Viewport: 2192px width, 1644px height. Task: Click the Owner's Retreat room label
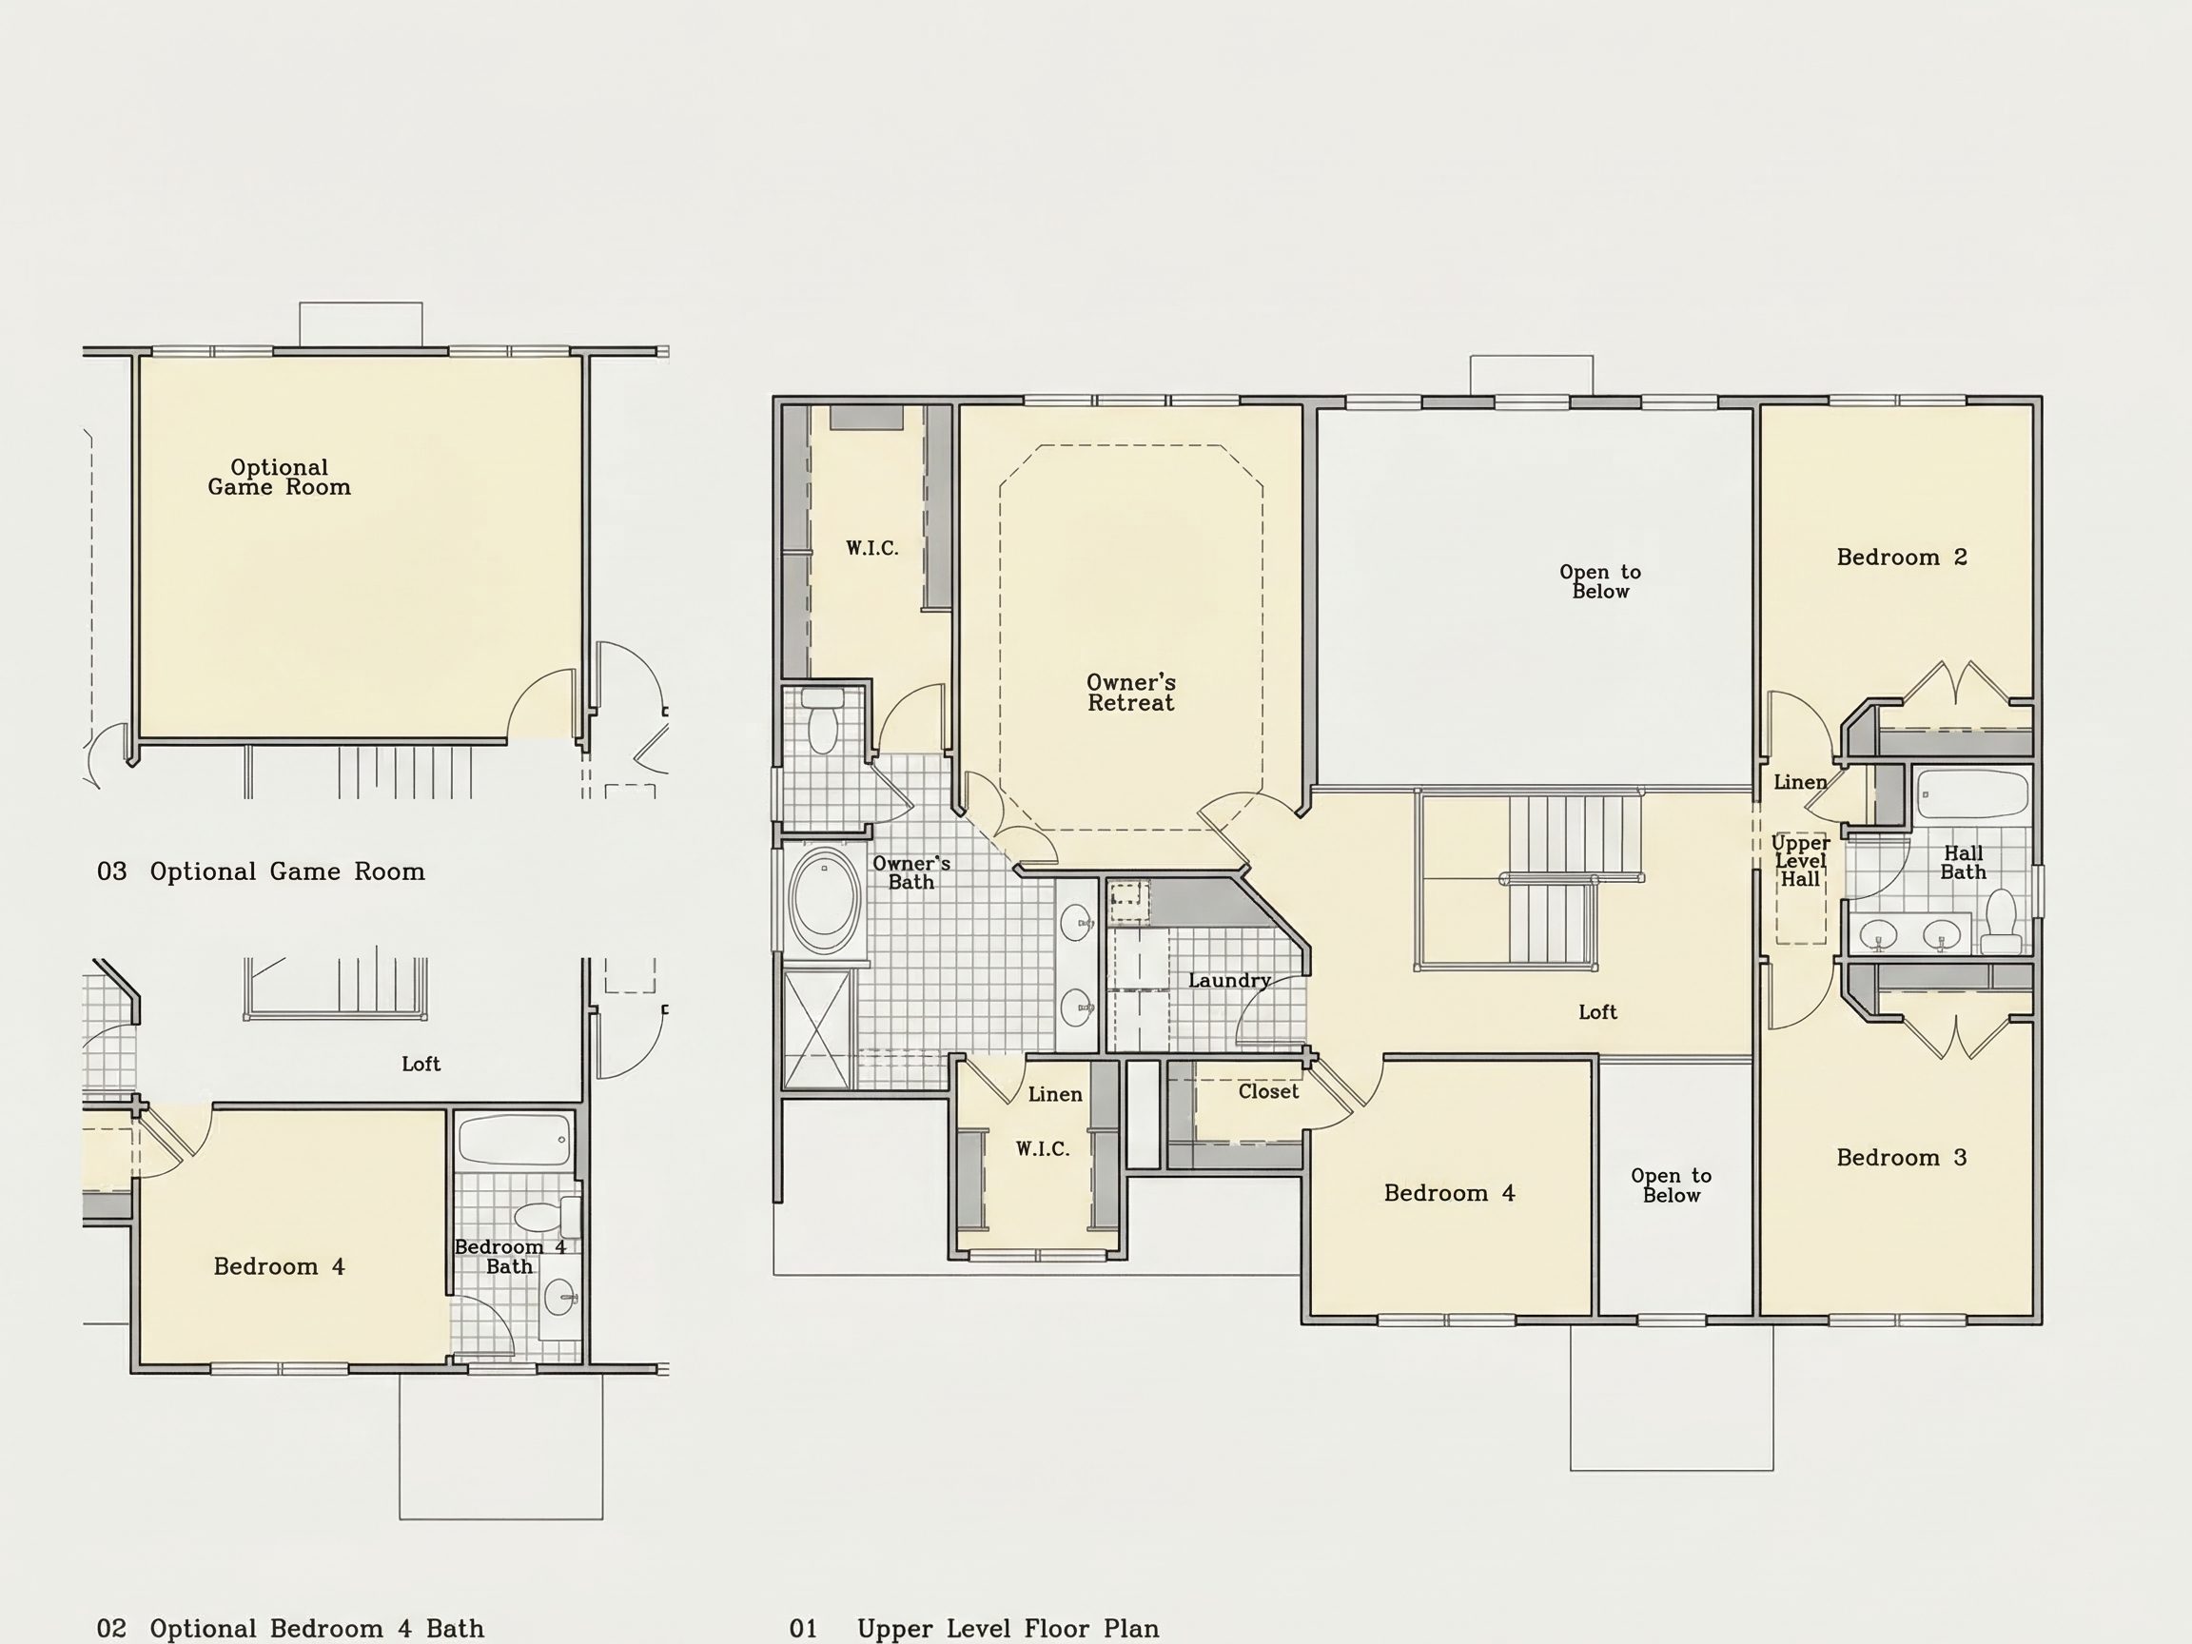click(x=1130, y=693)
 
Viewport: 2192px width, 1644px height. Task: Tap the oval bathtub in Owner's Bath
click(x=824, y=899)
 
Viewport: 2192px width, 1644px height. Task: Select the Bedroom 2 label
click(x=1902, y=557)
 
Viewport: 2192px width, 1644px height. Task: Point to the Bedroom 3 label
click(x=1902, y=1158)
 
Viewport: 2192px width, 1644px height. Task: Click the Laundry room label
click(x=1230, y=981)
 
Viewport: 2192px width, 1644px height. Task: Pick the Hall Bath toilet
click(x=2002, y=921)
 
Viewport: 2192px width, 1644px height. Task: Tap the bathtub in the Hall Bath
click(x=1972, y=793)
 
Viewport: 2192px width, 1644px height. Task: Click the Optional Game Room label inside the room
click(x=280, y=477)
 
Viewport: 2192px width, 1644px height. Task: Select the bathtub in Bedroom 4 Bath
click(x=516, y=1140)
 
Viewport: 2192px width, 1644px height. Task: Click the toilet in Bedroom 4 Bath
click(x=547, y=1216)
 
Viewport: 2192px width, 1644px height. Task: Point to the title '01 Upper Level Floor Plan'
click(x=974, y=1628)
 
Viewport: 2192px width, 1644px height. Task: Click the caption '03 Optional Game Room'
click(x=262, y=871)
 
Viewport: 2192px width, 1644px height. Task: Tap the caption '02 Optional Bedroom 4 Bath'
click(x=290, y=1628)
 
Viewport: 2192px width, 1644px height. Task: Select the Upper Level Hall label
click(x=1801, y=860)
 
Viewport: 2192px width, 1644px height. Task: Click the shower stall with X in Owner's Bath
click(x=816, y=1029)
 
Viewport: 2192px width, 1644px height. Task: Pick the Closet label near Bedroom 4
click(x=1267, y=1091)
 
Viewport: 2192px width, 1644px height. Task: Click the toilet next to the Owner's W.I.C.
click(x=823, y=721)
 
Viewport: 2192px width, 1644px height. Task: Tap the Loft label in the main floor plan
click(x=1597, y=1011)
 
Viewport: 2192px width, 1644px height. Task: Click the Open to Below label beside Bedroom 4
click(x=1672, y=1185)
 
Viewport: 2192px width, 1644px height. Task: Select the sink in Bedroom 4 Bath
click(x=559, y=1296)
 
